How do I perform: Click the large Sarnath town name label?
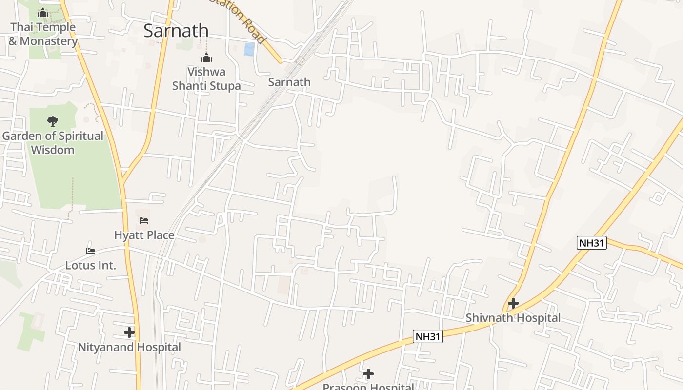pos(176,31)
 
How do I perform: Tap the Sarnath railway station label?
pos(289,82)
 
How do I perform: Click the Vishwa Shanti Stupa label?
pos(206,78)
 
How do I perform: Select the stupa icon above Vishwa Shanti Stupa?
pos(206,58)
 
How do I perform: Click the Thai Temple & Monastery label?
pos(43,34)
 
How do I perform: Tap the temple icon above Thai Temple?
pos(43,13)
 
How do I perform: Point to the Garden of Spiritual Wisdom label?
pos(53,142)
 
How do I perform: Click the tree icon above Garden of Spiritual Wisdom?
pos(53,121)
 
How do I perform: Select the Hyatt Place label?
pos(144,235)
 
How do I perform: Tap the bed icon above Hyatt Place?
pos(144,221)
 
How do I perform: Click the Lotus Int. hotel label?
pos(91,266)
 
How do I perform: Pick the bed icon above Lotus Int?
pos(91,251)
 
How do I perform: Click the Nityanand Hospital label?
pos(129,347)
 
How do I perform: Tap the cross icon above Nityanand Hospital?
pos(129,332)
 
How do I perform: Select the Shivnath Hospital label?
pos(513,318)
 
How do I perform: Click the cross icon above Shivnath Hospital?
pos(513,303)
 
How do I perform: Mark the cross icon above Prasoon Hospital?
pos(368,374)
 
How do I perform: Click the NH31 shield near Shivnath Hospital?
pos(428,336)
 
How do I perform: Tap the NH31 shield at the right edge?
pos(591,243)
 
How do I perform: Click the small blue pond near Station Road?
pos(249,49)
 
